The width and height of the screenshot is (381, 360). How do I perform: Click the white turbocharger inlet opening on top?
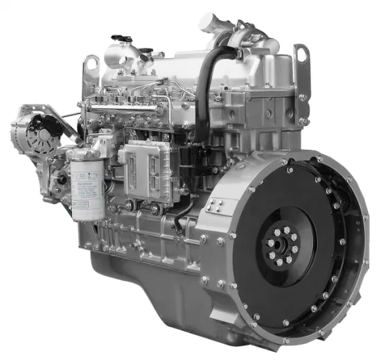click(210, 22)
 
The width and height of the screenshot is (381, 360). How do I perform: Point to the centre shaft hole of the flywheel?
click(281, 243)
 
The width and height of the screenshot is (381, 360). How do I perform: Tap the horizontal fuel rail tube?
click(132, 105)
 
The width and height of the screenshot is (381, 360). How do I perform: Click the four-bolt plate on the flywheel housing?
click(215, 205)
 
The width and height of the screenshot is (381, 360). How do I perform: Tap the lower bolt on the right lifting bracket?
click(303, 121)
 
